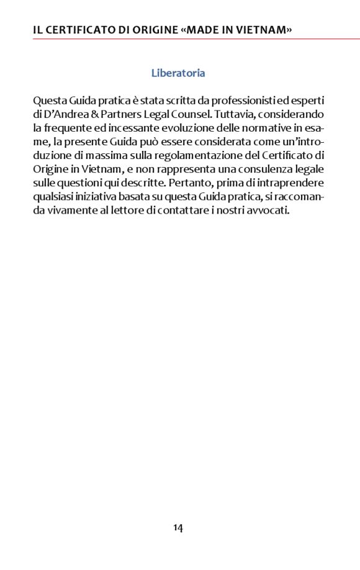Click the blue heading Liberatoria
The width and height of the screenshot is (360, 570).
[178, 73]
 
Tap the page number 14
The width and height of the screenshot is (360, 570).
[178, 528]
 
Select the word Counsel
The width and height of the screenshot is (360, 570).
[194, 114]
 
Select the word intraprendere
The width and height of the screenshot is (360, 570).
[292, 183]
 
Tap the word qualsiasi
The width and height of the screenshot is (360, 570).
[53, 196]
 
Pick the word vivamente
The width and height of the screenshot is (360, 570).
[73, 210]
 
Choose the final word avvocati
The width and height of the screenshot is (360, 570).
[269, 210]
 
